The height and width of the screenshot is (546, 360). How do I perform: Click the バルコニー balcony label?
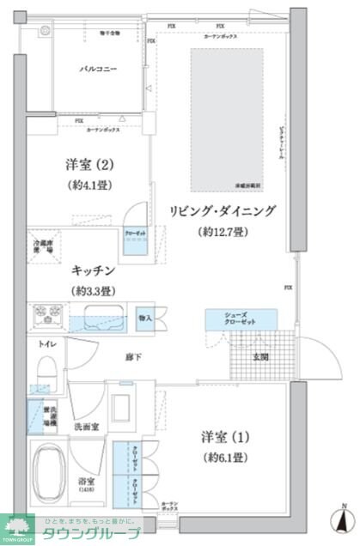coord(99,68)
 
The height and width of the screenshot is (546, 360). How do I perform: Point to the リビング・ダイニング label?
coord(222,210)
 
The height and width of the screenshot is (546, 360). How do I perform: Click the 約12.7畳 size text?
coord(223,232)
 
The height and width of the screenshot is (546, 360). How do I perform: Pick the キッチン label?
coord(94,268)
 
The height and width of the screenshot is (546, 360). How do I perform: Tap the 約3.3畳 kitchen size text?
coord(94,290)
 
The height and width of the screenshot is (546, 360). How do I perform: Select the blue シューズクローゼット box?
coord(241,319)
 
